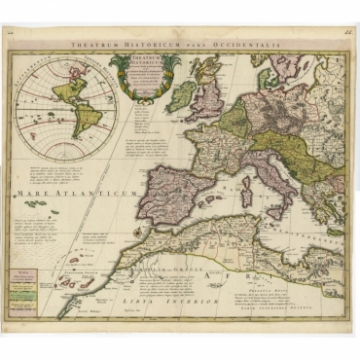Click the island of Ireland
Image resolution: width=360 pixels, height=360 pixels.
(x=181, y=95)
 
